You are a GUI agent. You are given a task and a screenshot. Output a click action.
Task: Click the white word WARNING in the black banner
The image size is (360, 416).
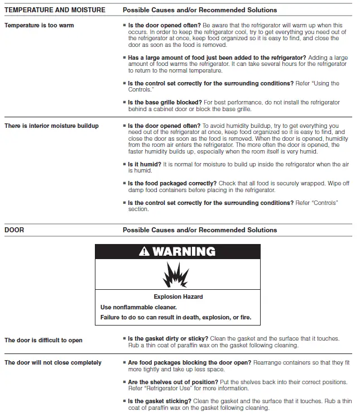[x=183, y=252]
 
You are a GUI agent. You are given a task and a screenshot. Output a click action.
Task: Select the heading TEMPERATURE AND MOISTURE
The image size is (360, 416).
[x=55, y=10]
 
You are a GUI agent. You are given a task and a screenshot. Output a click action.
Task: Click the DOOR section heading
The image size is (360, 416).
[x=14, y=229]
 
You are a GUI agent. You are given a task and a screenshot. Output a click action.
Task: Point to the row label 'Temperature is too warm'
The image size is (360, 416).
[x=39, y=26]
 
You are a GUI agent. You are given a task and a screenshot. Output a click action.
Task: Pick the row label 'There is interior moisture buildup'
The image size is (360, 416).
[x=51, y=126]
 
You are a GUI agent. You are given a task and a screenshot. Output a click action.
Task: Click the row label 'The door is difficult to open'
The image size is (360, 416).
[x=44, y=340]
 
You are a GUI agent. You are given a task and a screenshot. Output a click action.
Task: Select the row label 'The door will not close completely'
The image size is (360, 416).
[x=53, y=362]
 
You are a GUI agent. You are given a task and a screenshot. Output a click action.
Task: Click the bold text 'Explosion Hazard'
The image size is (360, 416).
[x=178, y=297]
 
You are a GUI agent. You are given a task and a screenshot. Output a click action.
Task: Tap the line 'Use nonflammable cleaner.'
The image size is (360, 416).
[x=138, y=307]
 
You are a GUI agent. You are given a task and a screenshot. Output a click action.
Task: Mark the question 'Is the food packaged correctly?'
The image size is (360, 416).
[x=172, y=184]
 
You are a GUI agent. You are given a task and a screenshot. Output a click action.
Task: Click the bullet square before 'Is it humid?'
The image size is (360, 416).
[x=124, y=165]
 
